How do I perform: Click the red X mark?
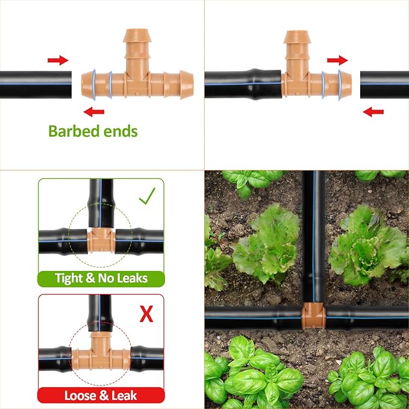click(x=146, y=313)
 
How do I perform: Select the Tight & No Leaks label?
click(x=101, y=278)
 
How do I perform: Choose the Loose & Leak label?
click(x=101, y=396)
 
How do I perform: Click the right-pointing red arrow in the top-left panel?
click(x=58, y=60)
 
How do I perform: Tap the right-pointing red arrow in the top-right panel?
click(x=337, y=60)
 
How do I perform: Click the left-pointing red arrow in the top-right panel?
click(x=373, y=111)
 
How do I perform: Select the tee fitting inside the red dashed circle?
click(x=101, y=352)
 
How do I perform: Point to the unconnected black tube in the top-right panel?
click(x=384, y=84)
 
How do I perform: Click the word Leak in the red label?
click(x=124, y=396)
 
